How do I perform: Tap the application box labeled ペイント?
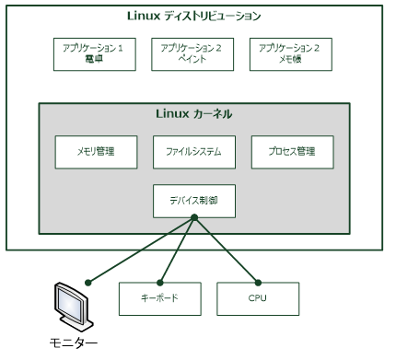click(193, 54)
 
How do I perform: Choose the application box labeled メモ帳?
click(293, 54)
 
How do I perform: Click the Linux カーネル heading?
click(193, 114)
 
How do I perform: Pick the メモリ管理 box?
click(95, 151)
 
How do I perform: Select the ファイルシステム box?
click(193, 151)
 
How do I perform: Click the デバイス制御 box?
click(193, 200)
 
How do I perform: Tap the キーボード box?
click(157, 298)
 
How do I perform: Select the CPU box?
click(257, 298)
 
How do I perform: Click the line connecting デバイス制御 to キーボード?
click(178, 249)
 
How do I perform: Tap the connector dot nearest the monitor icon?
click(87, 280)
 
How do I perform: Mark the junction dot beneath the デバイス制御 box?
click(193, 218)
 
